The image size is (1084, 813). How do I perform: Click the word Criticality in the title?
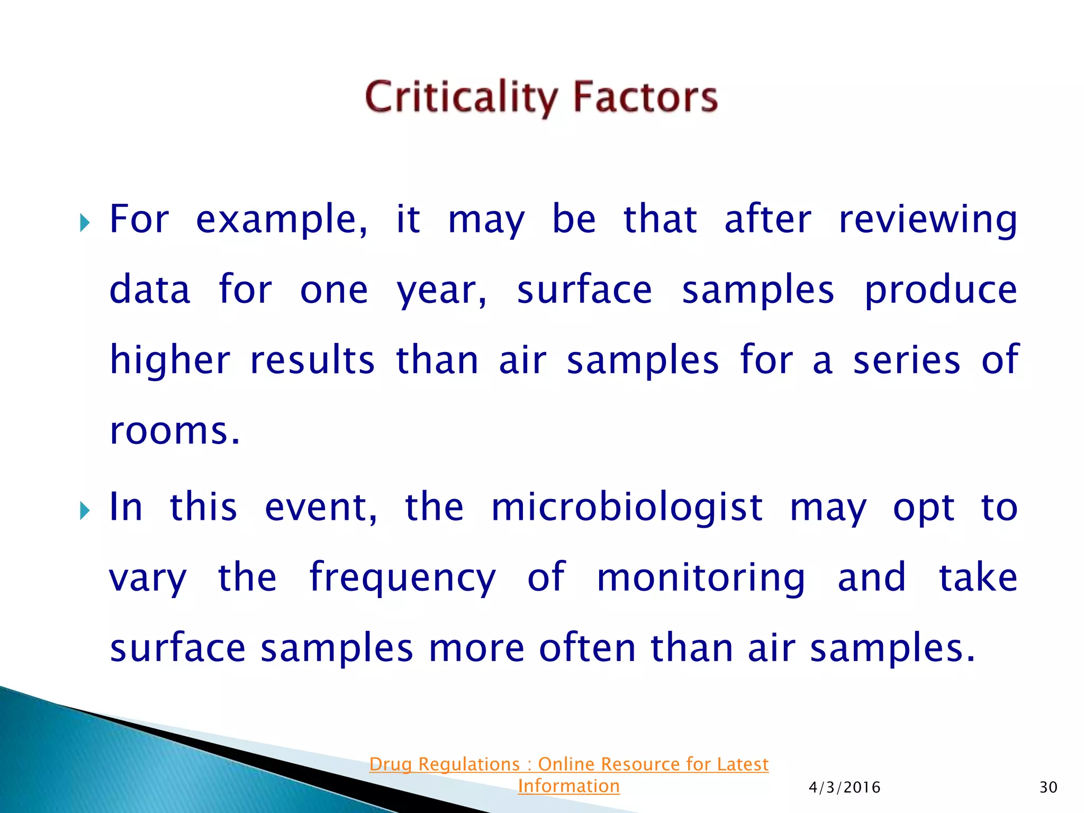coord(460,97)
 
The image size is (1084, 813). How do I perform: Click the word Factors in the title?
coord(645,97)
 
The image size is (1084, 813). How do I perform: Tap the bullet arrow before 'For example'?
coord(84,223)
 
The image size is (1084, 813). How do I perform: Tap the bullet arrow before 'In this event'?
coord(84,511)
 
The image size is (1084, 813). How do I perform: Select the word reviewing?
coord(928,220)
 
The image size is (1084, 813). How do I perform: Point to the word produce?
coord(941,291)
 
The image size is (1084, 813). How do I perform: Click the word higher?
coord(170,360)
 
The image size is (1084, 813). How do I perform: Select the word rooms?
coord(174,431)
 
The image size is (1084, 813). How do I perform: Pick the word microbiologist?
coord(627,508)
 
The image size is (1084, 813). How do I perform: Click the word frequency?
coord(402,578)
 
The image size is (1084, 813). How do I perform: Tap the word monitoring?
coord(701,578)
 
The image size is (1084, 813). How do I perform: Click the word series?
coord(906,360)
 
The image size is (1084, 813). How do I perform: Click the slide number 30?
coord(1048,788)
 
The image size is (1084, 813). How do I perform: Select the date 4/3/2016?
coord(844,788)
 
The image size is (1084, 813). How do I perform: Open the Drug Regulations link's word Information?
coord(568,786)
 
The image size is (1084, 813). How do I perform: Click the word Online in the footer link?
coord(567,764)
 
